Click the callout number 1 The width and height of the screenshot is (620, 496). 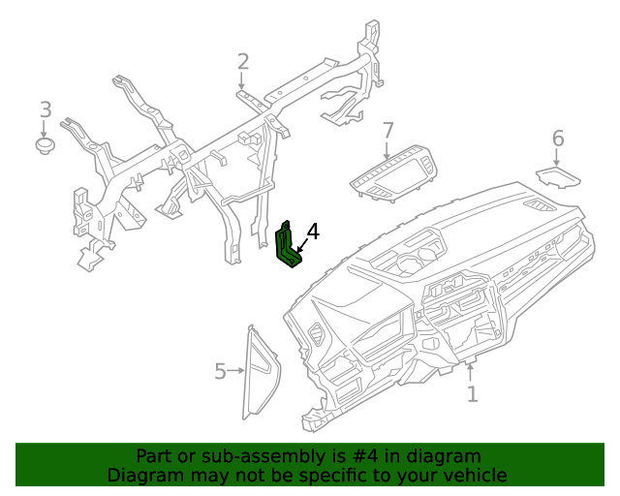[472, 394]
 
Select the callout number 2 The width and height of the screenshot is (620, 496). [243, 62]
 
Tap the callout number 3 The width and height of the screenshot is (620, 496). [46, 109]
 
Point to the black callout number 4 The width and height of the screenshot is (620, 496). [312, 232]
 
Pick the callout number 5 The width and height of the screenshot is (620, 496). [220, 371]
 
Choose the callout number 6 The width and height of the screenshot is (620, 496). [558, 139]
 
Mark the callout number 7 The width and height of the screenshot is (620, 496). [388, 130]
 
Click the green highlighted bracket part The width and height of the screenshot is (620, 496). [288, 247]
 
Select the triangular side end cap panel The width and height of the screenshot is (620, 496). [261, 372]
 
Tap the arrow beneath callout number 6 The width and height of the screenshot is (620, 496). [557, 158]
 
